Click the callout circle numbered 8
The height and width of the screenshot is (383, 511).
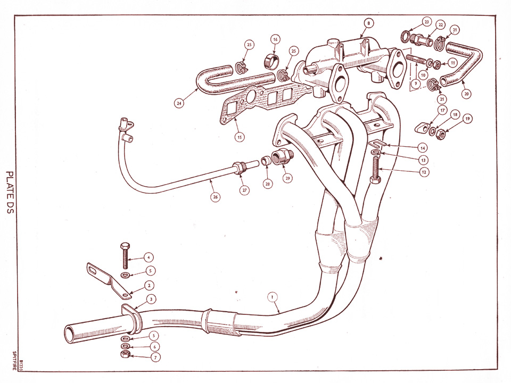[369, 23]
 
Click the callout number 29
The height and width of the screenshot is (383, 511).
[287, 179]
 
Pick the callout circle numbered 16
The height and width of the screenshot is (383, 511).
[275, 39]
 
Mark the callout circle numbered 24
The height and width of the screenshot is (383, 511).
[179, 104]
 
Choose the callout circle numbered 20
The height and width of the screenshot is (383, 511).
[467, 93]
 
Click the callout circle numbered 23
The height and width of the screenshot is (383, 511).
[427, 22]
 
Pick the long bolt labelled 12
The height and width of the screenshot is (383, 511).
[374, 170]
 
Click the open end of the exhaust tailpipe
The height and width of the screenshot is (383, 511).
[70, 334]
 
